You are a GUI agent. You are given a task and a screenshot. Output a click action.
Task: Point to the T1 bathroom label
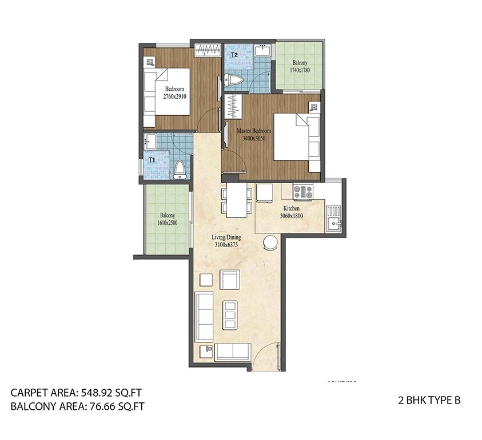coord(152,160)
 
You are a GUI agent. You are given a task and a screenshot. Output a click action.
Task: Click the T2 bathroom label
coord(234,55)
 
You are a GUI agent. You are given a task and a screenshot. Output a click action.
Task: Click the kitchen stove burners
coord(302,191)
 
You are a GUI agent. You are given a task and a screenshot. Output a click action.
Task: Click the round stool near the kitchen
coord(269,244)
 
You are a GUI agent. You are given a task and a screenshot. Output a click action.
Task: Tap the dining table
coord(236,200)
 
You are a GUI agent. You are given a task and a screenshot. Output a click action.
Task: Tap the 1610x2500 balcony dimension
coord(168,223)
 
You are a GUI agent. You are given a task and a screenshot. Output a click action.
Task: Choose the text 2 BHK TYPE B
coord(429,401)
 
